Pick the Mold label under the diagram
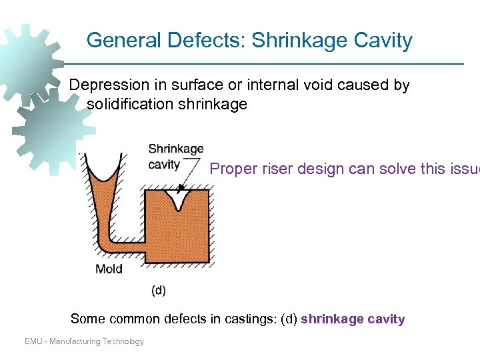(x=109, y=269)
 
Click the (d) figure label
(x=159, y=290)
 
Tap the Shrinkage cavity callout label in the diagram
(x=175, y=156)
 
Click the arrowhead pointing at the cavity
(x=181, y=189)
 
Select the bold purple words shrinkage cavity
(x=353, y=319)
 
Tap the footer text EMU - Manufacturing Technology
(x=84, y=341)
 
